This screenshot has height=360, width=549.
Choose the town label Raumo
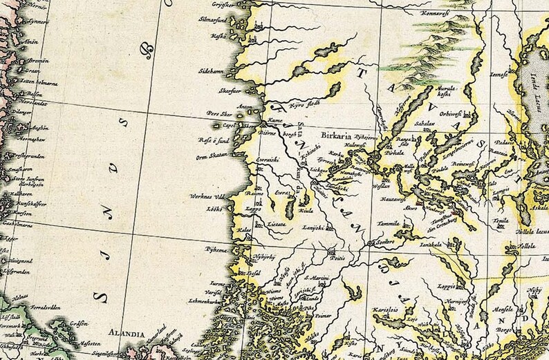tap(255, 194)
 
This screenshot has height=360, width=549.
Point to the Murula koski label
tap(443, 93)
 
